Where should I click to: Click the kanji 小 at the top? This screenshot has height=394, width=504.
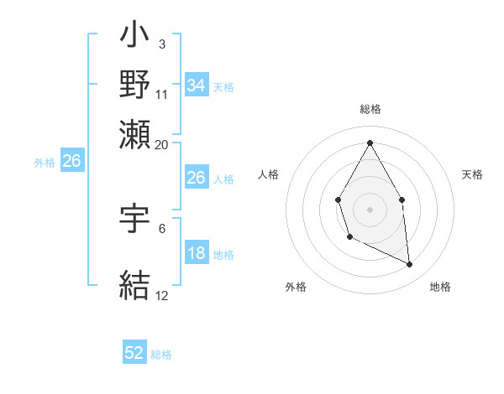(134, 37)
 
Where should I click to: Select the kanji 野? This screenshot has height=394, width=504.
(134, 84)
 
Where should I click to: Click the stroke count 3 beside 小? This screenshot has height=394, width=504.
(161, 44)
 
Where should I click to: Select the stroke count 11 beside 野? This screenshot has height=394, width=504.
(163, 93)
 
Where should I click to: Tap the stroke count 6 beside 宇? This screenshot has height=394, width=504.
(161, 227)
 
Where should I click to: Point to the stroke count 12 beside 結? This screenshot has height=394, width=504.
(162, 295)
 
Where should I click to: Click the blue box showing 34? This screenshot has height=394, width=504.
(196, 86)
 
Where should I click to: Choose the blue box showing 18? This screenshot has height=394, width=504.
(196, 254)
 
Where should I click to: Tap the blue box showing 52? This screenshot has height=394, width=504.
(134, 354)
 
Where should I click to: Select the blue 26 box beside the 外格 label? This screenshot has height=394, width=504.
(71, 161)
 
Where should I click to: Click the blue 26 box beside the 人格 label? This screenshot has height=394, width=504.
(196, 178)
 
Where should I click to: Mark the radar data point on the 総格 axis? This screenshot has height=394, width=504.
(370, 142)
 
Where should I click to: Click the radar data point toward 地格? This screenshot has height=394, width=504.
(410, 265)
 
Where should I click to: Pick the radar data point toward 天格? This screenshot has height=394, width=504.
(402, 200)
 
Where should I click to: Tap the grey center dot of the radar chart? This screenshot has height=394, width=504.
(370, 209)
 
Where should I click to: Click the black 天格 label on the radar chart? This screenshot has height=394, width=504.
(472, 174)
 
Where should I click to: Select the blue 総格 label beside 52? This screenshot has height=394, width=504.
(161, 355)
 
